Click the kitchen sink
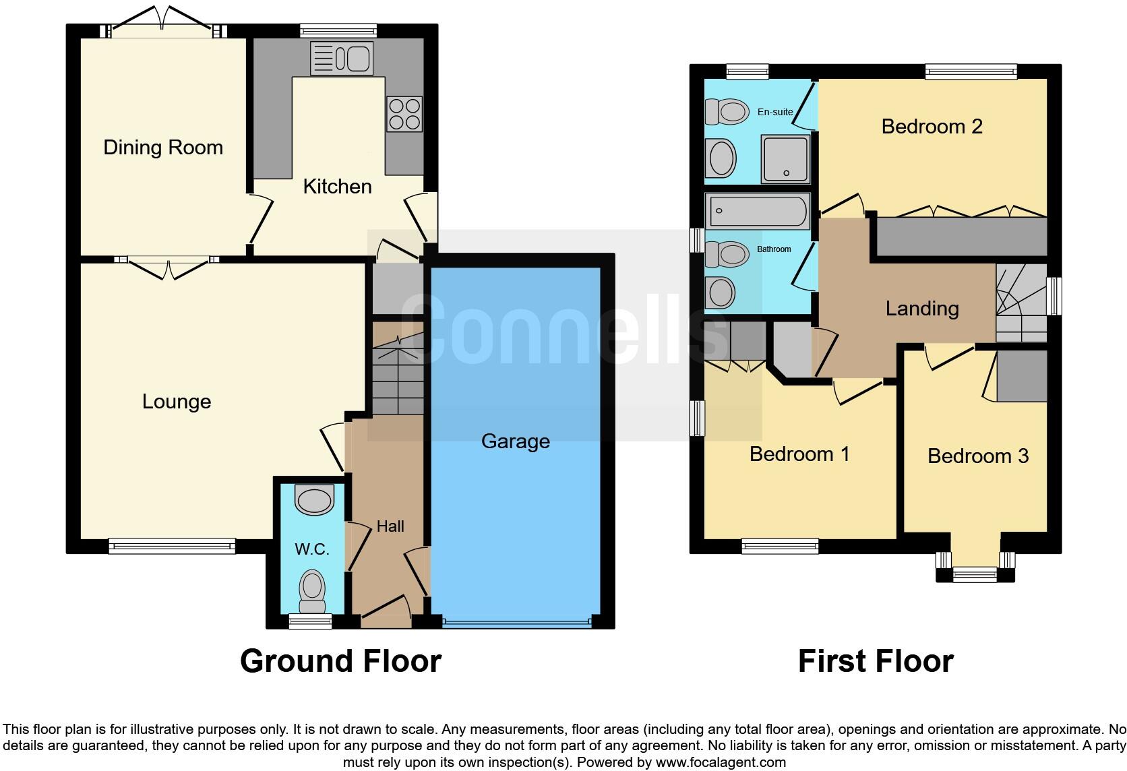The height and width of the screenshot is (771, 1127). (x=341, y=59)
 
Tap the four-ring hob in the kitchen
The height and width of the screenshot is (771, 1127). (x=404, y=114)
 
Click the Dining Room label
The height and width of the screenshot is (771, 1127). (x=163, y=148)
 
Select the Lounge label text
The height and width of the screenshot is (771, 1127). (x=177, y=402)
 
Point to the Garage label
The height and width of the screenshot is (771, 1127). (x=516, y=441)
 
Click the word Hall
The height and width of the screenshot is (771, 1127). (x=390, y=526)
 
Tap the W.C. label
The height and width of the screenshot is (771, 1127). (x=311, y=549)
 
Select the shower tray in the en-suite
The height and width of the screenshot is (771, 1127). (x=785, y=159)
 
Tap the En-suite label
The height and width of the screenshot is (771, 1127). (x=775, y=112)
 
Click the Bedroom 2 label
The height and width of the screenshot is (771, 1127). (x=932, y=127)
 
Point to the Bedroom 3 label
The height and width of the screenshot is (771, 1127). (x=977, y=456)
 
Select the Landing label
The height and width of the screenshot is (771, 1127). (x=921, y=309)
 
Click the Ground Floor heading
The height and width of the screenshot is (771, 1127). (x=340, y=661)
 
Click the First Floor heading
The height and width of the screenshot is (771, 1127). (x=876, y=661)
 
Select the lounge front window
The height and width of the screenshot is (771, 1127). (x=173, y=546)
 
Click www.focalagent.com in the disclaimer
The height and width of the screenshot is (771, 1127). (x=720, y=763)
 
